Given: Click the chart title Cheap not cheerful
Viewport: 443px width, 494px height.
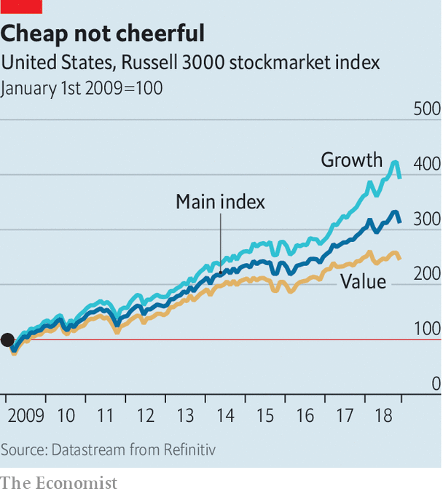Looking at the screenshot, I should [103, 34].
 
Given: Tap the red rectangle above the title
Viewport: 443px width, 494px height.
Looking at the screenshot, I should [21, 7].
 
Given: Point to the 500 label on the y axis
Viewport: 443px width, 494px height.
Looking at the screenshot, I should [427, 110].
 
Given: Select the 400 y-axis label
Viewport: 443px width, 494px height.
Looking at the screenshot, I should [427, 165].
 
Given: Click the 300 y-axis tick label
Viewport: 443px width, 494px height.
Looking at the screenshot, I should [427, 219].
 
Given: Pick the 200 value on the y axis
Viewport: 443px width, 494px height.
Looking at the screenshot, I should [427, 274].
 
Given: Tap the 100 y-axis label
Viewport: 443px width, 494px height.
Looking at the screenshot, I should [427, 329].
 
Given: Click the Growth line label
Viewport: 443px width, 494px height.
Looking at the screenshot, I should [352, 160].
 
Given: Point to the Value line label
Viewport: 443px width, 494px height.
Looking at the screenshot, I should [363, 281].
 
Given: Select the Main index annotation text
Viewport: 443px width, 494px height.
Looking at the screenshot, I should [220, 202].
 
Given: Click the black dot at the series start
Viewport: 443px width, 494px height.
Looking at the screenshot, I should [7, 340].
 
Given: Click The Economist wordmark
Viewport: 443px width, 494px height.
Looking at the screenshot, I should [58, 482].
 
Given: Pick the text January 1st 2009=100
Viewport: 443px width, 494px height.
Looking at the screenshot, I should [82, 89].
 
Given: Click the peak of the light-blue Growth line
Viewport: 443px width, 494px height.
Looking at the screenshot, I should [395, 163].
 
